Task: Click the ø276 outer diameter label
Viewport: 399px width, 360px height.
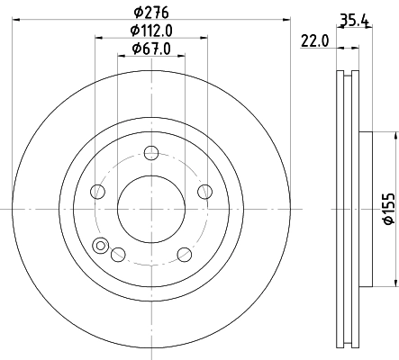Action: pos(152,12)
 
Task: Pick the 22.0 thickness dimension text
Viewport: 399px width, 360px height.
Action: pos(313,40)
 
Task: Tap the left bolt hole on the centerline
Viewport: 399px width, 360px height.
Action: pos(96,191)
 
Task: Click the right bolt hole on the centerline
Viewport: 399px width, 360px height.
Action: pos(205,191)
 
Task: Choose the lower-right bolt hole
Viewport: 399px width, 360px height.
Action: pos(185,255)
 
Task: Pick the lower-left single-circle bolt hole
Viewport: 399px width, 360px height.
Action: pos(117,255)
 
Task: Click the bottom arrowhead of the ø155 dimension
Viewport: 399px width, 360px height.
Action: pos(394,282)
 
